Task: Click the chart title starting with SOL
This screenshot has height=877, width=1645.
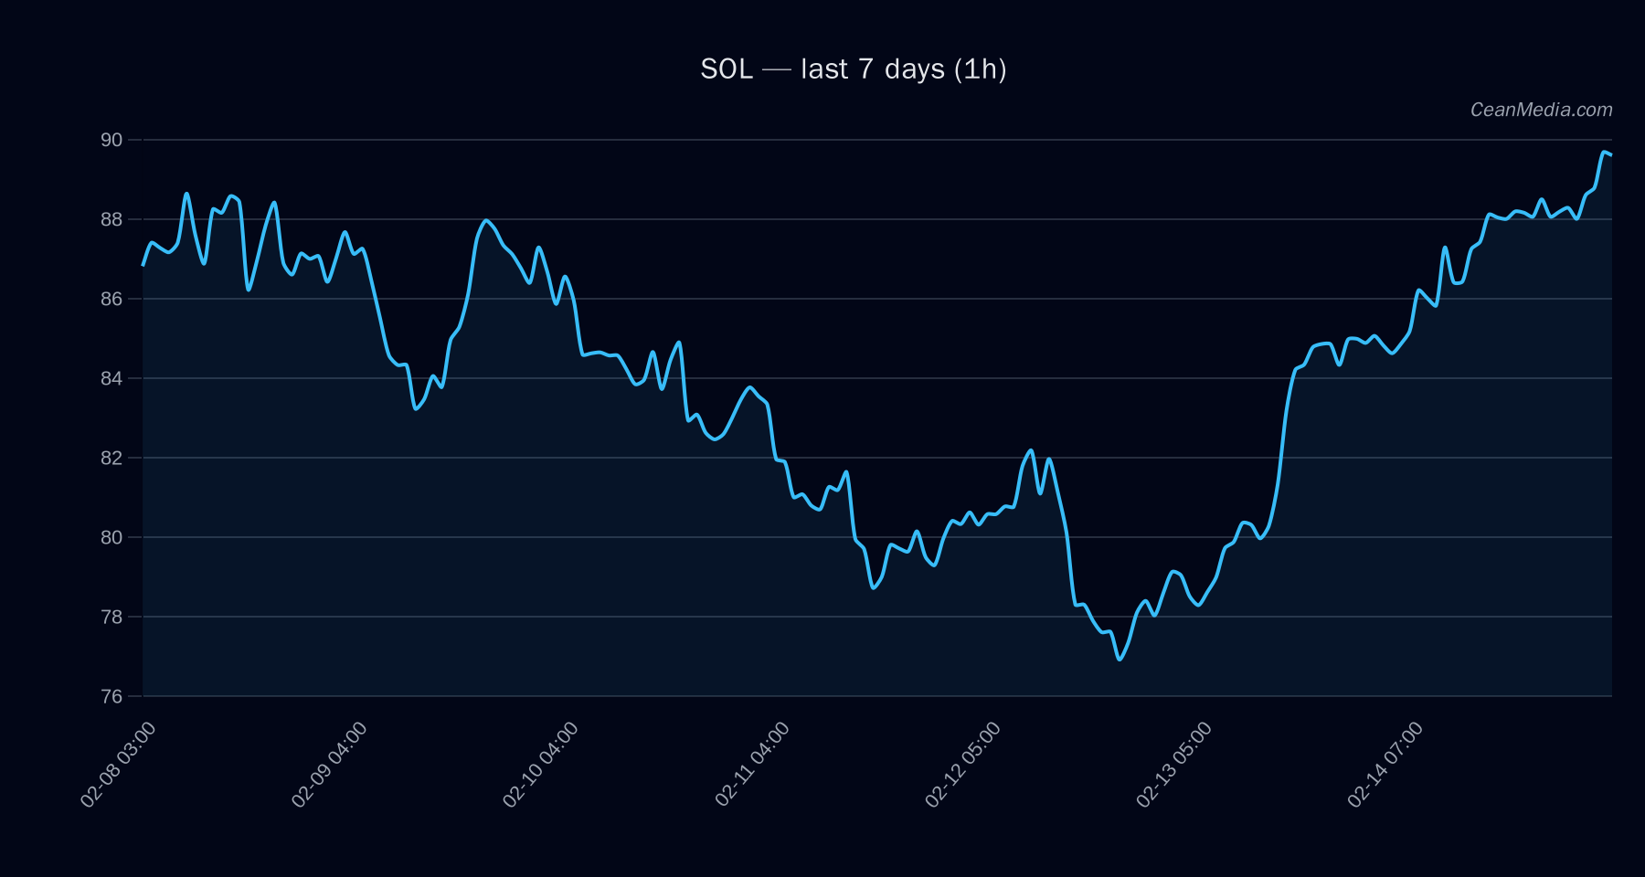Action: tap(853, 69)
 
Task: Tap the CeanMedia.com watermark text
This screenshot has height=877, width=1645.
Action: tap(1541, 110)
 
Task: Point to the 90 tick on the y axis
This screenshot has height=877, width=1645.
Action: tap(111, 140)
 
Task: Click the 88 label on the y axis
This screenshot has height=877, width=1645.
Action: tap(111, 219)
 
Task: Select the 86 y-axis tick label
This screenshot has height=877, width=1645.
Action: tap(111, 299)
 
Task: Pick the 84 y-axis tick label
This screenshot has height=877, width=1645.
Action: tap(111, 378)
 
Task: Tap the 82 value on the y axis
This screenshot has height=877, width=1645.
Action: tap(111, 458)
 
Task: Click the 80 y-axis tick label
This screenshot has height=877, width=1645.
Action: tap(111, 537)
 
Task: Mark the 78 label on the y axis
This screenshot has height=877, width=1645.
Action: tap(111, 617)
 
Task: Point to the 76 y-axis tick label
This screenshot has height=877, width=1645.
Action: tap(111, 696)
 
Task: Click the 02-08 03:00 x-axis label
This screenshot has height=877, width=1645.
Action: tap(118, 765)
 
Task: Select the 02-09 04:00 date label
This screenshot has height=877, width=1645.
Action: tap(329, 765)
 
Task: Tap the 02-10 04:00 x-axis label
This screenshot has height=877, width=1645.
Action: tap(540, 765)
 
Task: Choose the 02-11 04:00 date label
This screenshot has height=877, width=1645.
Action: tap(752, 765)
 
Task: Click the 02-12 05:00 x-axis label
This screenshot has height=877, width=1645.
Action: tap(963, 765)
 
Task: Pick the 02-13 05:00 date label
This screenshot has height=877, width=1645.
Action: tap(1174, 765)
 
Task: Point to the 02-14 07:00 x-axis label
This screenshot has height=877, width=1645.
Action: tap(1385, 765)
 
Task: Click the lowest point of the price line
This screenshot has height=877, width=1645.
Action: tap(1120, 659)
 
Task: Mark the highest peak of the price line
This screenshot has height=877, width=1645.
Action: tap(1604, 152)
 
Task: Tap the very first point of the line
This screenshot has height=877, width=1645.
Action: tap(143, 265)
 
